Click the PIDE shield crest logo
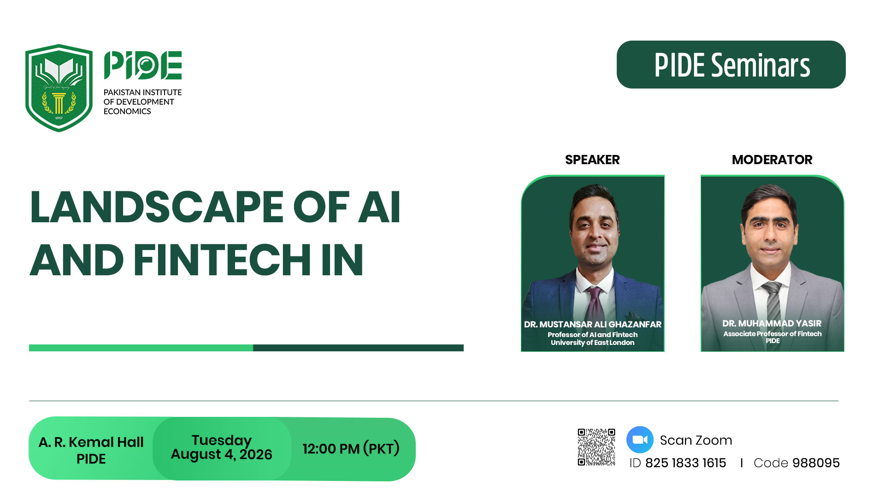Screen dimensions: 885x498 click(59, 88)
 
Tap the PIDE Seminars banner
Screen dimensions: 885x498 click(731, 65)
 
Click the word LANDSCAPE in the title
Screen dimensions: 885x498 click(157, 207)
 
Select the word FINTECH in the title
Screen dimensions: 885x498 click(223, 260)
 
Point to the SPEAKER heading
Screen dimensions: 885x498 click(592, 160)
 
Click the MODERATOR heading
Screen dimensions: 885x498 click(772, 160)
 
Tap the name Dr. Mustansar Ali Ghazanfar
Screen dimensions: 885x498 click(593, 324)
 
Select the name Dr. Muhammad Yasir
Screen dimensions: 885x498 click(772, 323)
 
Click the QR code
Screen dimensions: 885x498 click(596, 447)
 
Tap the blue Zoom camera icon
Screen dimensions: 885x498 click(640, 440)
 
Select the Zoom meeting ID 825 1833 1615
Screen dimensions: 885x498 click(685, 462)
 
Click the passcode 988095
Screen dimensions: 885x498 click(816, 462)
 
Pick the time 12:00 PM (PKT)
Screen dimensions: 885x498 click(351, 448)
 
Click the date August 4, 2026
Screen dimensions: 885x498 click(221, 455)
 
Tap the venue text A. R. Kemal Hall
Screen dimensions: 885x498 click(91, 442)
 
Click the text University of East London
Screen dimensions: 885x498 click(593, 343)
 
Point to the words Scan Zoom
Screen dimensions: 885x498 click(696, 440)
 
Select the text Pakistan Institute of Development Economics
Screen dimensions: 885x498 click(143, 102)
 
